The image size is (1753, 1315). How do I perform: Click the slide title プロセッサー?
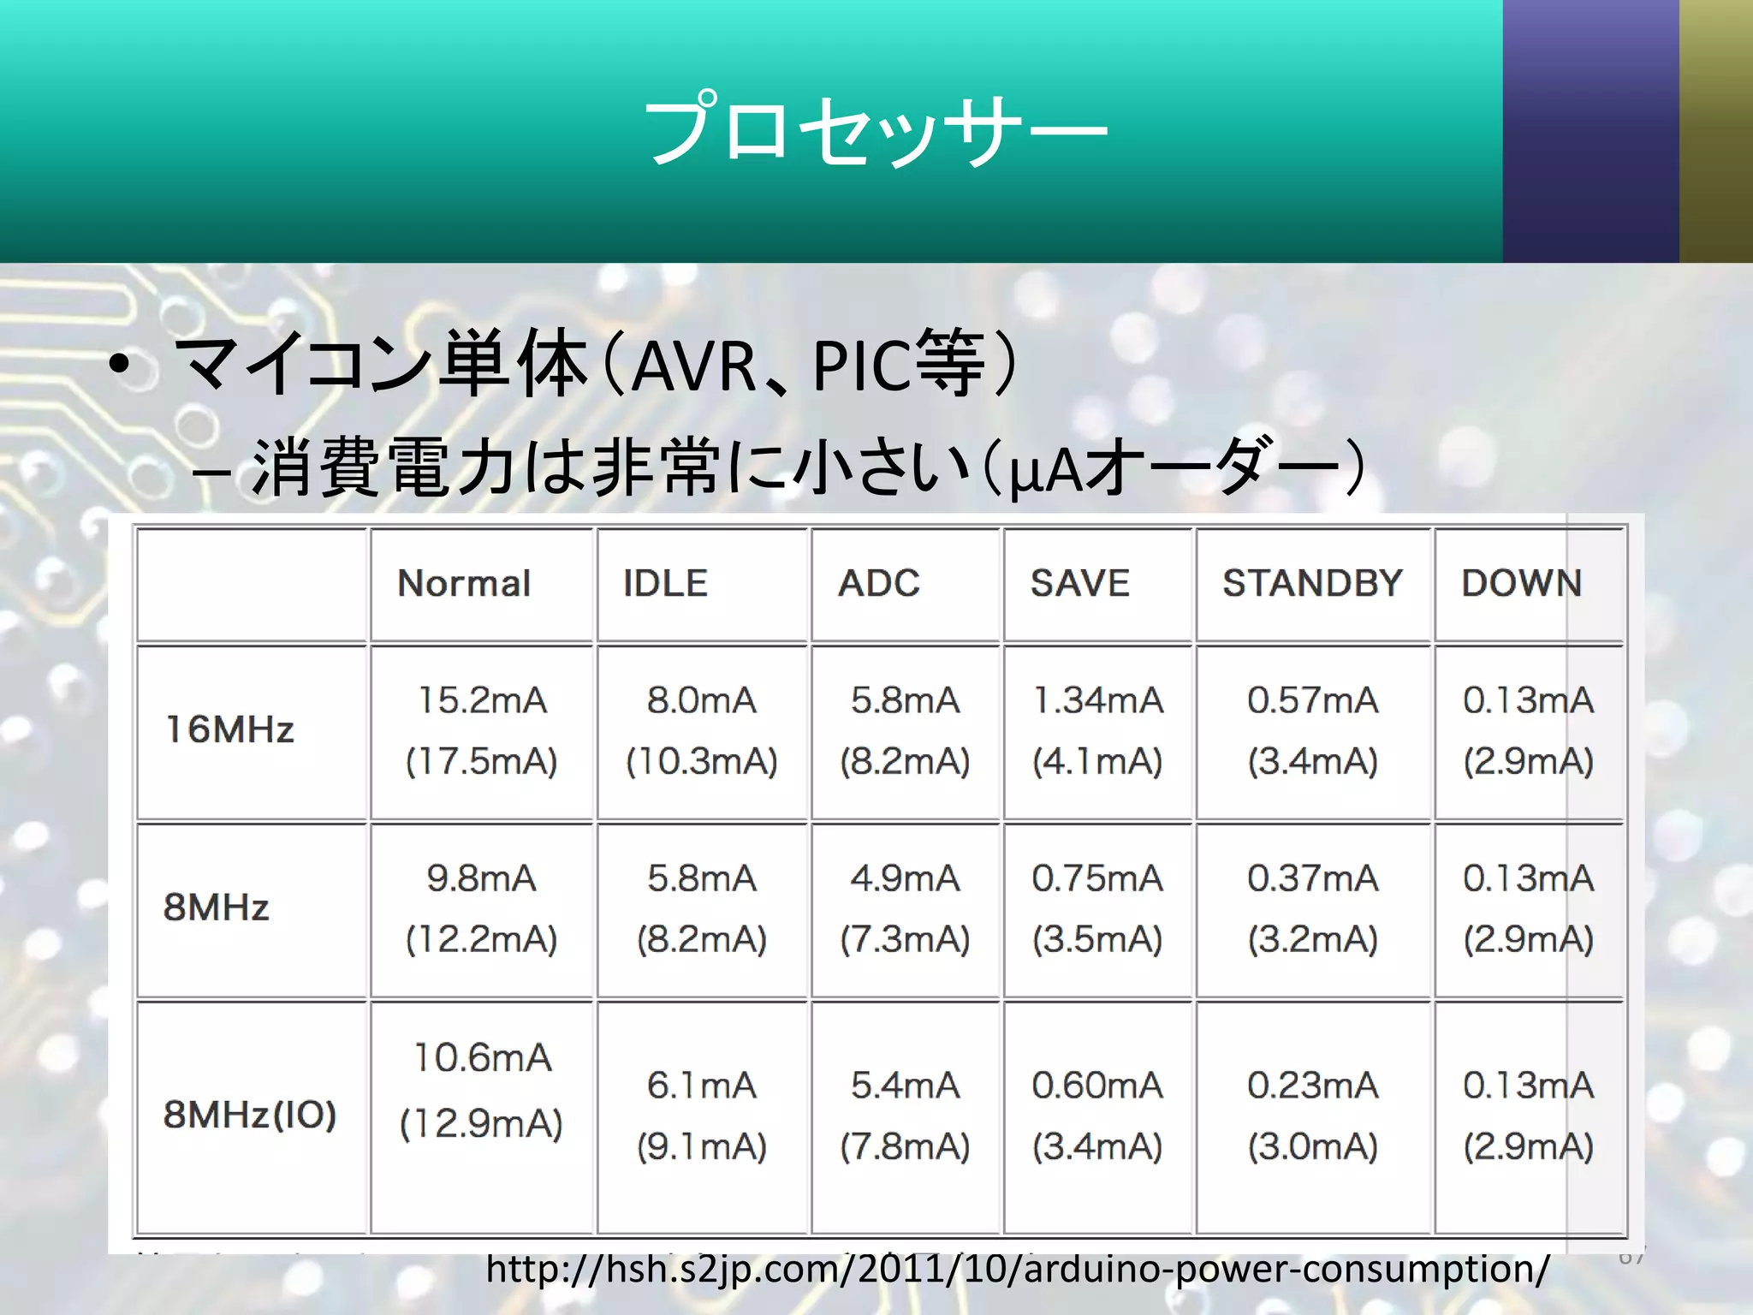pyautogui.click(x=875, y=130)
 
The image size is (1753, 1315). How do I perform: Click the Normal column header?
pyautogui.click(x=464, y=584)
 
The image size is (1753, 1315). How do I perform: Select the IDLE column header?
pyautogui.click(x=665, y=584)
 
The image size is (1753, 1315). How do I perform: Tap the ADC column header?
pyautogui.click(x=878, y=584)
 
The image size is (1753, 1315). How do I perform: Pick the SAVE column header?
pyautogui.click(x=1079, y=584)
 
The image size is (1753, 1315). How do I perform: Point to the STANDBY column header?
pyautogui.click(x=1312, y=584)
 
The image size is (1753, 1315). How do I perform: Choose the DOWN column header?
pyautogui.click(x=1521, y=584)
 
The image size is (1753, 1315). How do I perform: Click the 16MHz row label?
pyautogui.click(x=229, y=730)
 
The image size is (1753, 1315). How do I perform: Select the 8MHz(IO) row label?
pyautogui.click(x=249, y=1115)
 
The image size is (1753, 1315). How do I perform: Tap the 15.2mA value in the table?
pyautogui.click(x=482, y=700)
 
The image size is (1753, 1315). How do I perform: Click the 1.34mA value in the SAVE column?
pyautogui.click(x=1097, y=700)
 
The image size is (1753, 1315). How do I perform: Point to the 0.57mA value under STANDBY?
pyautogui.click(x=1312, y=700)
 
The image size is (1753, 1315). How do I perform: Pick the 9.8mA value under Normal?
pyautogui.click(x=481, y=878)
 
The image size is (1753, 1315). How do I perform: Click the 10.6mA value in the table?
pyautogui.click(x=482, y=1058)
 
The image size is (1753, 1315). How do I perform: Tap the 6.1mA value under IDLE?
pyautogui.click(x=701, y=1086)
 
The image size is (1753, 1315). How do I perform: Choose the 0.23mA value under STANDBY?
pyautogui.click(x=1312, y=1086)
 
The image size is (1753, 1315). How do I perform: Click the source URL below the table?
pyautogui.click(x=1017, y=1269)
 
